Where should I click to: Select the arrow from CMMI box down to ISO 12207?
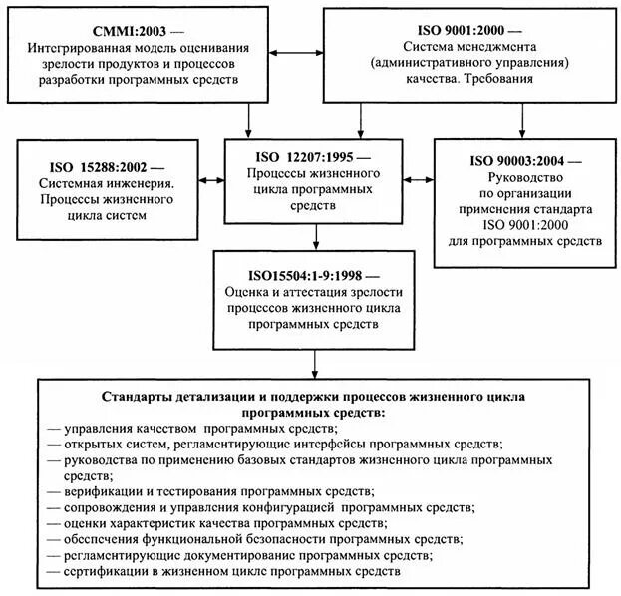pyautogui.click(x=248, y=121)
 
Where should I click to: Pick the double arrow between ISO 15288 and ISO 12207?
pyautogui.click(x=211, y=180)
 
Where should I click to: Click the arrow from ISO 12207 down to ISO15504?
pyautogui.click(x=315, y=234)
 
